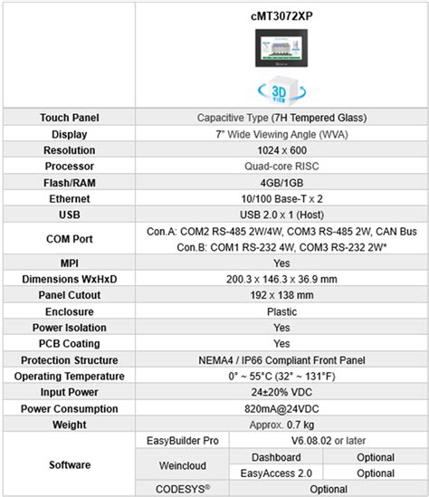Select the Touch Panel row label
69,118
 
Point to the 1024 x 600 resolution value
281,150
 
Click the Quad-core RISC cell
281,167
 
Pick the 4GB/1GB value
281,183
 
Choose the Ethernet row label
69,199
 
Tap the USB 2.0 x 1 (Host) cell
281,215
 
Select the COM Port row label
69,239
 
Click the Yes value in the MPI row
281,263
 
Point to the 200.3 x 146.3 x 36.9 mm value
281,279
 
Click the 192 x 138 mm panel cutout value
281,295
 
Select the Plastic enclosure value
281,311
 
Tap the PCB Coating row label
69,344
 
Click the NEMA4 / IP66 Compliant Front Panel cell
281,360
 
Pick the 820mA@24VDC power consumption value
281,408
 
